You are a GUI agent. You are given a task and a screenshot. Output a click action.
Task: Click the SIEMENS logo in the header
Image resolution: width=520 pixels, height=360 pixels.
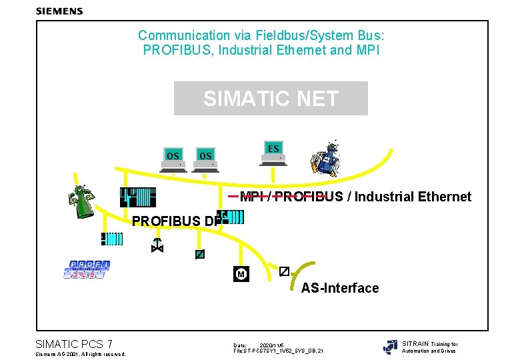(x=59, y=11)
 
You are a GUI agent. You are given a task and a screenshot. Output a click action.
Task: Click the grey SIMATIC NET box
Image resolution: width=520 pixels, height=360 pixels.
(x=270, y=99)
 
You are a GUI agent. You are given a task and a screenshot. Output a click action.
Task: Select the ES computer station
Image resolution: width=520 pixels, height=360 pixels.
(x=273, y=152)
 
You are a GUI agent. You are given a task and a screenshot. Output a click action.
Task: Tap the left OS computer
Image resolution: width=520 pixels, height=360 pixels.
(x=173, y=159)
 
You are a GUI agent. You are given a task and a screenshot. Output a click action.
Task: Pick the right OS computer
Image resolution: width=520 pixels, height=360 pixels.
(x=205, y=159)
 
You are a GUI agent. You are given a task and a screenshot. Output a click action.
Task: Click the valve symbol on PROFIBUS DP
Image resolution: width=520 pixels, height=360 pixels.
(x=157, y=245)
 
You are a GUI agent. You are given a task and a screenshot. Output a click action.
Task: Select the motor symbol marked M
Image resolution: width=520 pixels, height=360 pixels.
(x=241, y=275)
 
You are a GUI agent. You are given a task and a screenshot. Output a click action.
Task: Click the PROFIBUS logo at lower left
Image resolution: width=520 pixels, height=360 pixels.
(x=89, y=270)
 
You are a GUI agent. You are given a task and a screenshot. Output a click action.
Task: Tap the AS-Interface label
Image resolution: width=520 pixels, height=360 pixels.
(x=340, y=288)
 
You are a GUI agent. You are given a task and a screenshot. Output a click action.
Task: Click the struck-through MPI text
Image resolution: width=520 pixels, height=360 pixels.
(x=251, y=197)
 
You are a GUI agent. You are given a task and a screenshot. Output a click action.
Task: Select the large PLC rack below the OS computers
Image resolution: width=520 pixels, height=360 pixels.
(x=141, y=198)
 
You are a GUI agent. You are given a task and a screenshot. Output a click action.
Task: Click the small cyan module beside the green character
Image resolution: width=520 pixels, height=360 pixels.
(x=112, y=239)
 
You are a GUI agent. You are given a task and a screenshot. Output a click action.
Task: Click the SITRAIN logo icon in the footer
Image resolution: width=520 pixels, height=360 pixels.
(x=390, y=347)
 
